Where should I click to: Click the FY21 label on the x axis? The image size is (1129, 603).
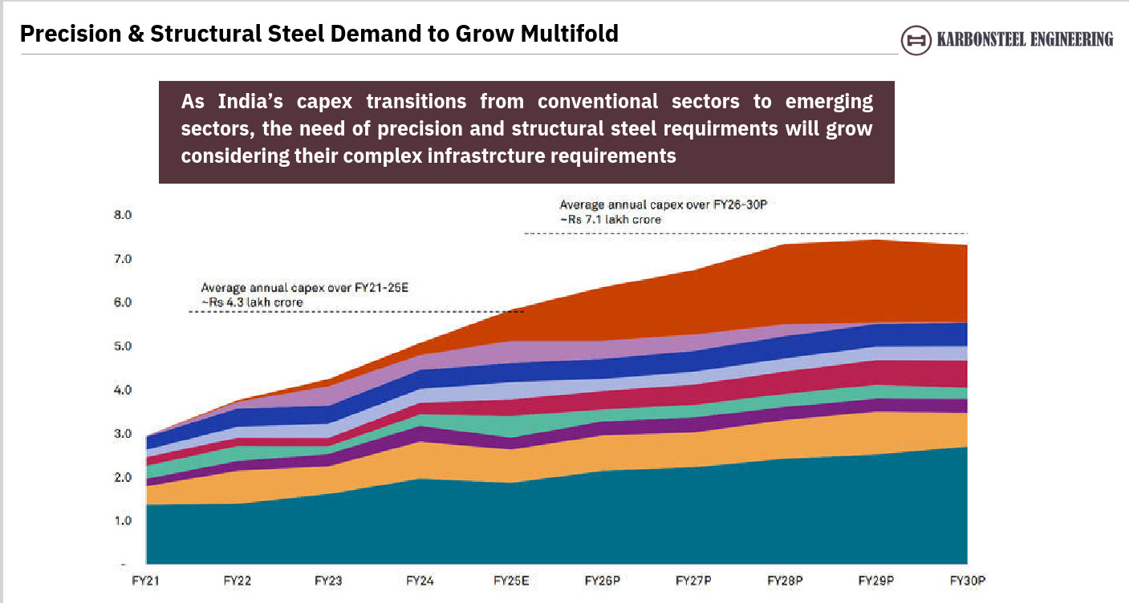coord(145,580)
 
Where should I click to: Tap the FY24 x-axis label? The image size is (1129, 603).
coord(420,580)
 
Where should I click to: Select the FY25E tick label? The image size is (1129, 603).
coord(512,580)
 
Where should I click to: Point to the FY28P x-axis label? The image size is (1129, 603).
coord(786,580)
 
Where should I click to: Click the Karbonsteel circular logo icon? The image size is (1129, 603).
coord(916,39)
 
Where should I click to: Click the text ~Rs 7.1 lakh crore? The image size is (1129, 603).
coord(611,219)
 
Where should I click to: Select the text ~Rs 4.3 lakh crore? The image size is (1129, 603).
coord(252,302)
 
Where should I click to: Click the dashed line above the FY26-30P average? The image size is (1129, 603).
coord(746,234)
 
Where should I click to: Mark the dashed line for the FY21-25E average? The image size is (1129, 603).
coord(353,311)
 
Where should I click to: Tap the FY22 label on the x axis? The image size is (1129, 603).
coord(237,580)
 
